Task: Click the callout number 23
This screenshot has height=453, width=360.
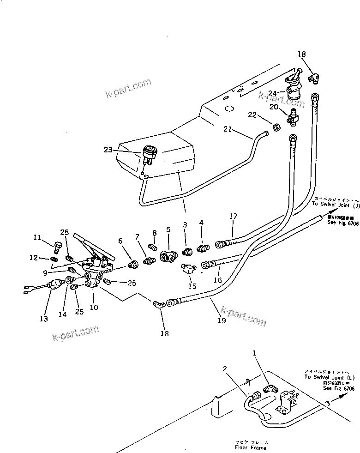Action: [108, 149]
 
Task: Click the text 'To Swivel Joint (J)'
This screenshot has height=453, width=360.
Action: [335, 203]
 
